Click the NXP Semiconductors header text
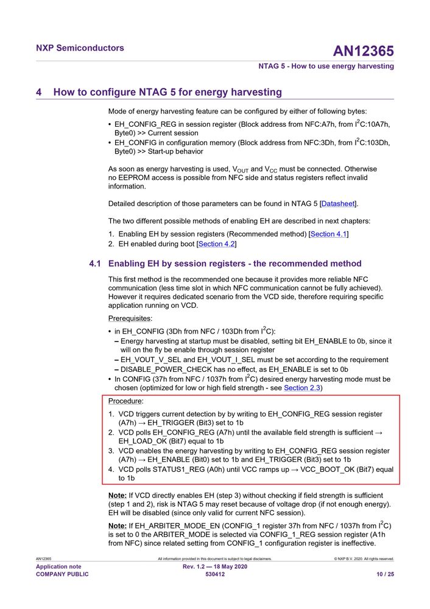80,48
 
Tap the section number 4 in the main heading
39,92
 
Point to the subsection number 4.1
94,263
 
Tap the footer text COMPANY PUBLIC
62,574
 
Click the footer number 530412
215,574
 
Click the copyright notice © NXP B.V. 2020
364,558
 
